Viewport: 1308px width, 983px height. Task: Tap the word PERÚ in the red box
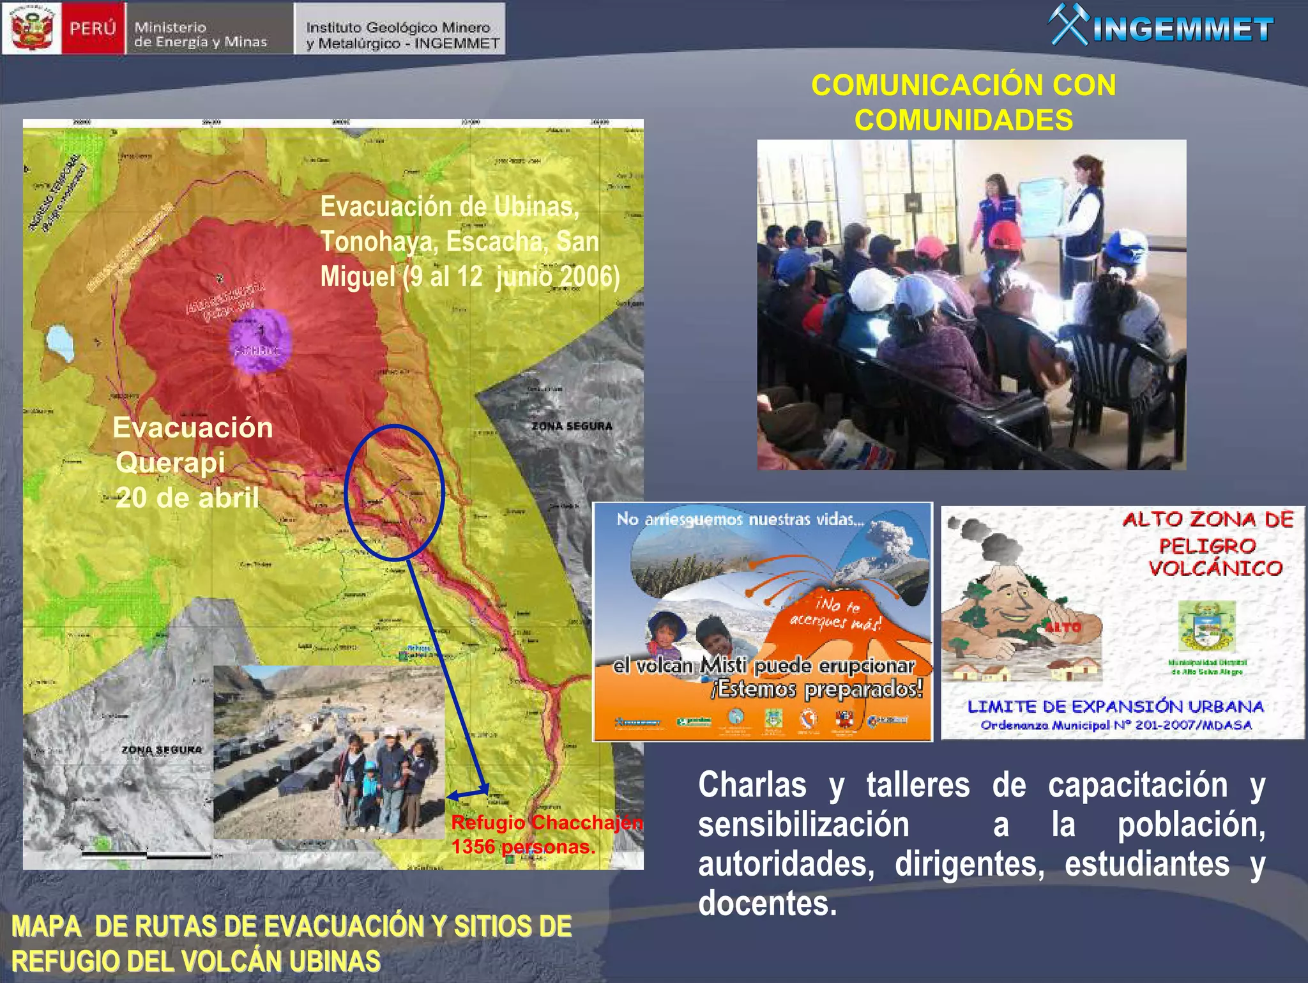(93, 29)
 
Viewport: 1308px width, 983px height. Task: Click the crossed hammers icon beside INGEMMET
(1068, 26)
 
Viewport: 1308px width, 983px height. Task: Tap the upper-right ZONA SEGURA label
(572, 426)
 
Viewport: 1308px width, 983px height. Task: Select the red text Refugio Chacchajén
(547, 823)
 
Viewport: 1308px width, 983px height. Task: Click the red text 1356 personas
(523, 847)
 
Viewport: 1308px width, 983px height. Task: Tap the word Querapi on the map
(170, 462)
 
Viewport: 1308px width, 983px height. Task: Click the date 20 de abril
(187, 498)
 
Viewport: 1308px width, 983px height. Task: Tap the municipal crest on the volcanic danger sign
(1206, 626)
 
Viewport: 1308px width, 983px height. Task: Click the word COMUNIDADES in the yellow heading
(963, 120)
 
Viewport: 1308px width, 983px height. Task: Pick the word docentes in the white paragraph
(766, 903)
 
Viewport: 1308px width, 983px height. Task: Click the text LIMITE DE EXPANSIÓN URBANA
(1115, 706)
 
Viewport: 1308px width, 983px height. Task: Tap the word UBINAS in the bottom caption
(334, 961)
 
